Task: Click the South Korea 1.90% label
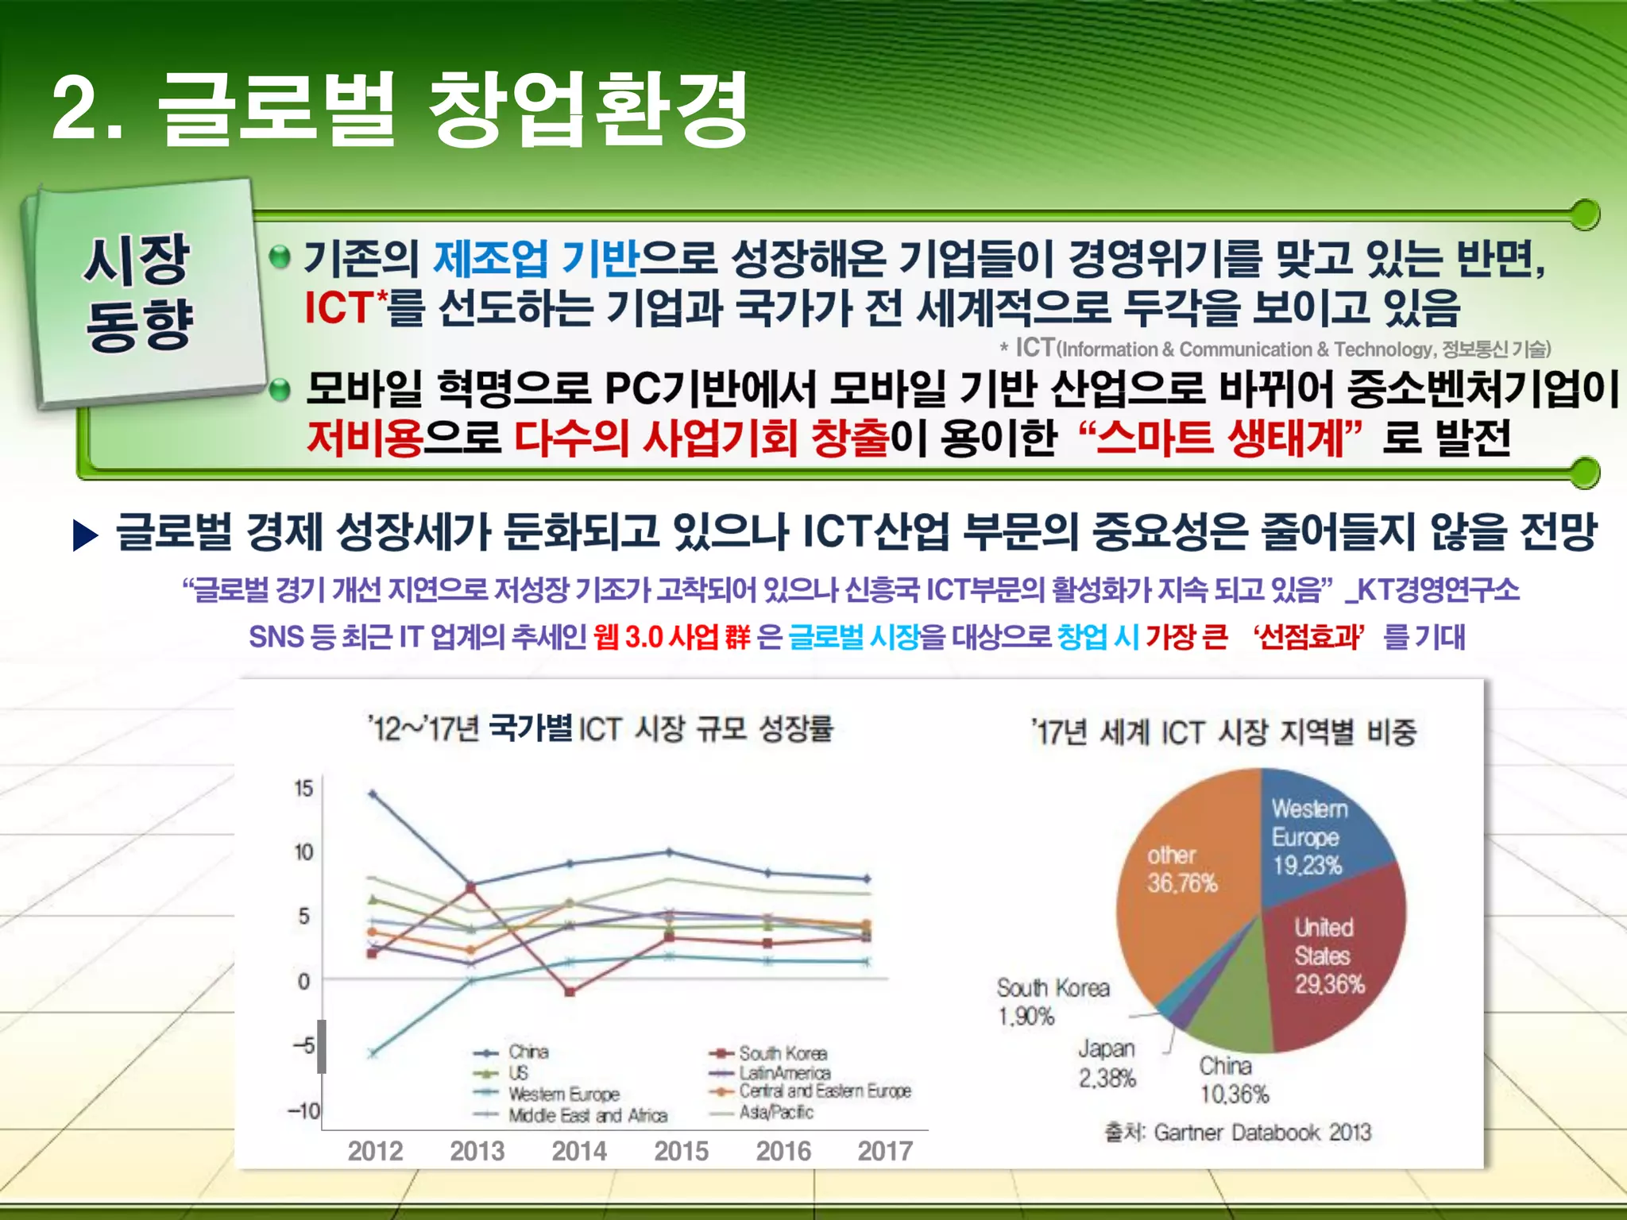1052,1002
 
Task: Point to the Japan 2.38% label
1106,1063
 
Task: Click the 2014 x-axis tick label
579,1151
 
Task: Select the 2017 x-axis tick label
885,1151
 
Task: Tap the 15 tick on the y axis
303,789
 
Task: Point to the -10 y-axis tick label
303,1110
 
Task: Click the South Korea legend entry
782,1053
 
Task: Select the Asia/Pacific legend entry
775,1112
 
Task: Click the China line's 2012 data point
373,793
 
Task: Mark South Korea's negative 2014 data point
569,991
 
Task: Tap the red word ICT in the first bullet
339,308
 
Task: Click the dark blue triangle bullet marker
84,535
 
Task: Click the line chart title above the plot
601,728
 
